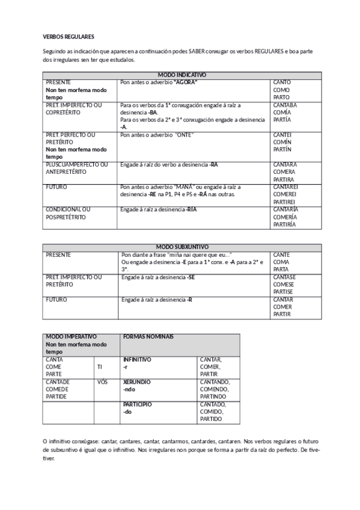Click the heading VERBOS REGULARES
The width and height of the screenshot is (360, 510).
coord(68,37)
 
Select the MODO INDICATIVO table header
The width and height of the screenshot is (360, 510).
coord(181,75)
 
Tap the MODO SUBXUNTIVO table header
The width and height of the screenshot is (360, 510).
coord(182,247)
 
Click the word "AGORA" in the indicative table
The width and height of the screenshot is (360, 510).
coord(186,82)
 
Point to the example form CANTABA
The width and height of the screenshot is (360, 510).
coord(285,105)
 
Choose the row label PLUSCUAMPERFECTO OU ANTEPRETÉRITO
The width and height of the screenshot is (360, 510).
coord(76,168)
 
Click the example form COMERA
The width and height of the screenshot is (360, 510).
coord(284,171)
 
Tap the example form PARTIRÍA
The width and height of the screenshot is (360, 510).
coord(285,224)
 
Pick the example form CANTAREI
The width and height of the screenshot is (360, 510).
coord(286,187)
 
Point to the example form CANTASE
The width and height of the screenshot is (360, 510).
coord(284,277)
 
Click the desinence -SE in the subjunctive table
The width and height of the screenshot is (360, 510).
coord(191,277)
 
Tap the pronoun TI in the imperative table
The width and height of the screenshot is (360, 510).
coord(100,366)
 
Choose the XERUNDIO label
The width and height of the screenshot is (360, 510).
coord(136,382)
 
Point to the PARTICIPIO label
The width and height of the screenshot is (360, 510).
coord(137,404)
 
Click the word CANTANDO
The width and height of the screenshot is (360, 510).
coord(214,382)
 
